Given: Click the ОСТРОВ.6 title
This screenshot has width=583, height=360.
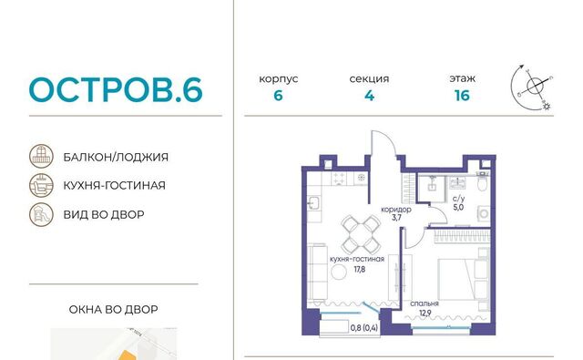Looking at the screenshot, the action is tap(116, 89).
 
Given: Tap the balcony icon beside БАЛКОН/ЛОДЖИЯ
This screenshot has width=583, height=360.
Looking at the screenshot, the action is tap(41, 156).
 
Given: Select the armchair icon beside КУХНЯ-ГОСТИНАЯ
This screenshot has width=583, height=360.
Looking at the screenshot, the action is tap(41, 185).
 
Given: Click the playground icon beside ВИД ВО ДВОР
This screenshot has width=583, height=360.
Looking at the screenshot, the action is tap(41, 214).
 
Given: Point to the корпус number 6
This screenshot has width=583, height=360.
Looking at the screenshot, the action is tap(278, 96).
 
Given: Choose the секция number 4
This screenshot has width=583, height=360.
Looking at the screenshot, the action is tap(369, 96).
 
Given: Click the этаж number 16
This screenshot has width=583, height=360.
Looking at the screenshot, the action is tap(462, 96).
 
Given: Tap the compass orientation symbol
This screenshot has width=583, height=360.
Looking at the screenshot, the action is tap(532, 87).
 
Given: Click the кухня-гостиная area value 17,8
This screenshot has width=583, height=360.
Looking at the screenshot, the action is tap(360, 269).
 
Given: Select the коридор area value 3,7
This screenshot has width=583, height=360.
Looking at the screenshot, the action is tap(396, 218).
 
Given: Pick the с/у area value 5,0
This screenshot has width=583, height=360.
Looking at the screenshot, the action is tap(458, 208).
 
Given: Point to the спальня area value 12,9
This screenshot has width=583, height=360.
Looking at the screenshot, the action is tap(425, 313).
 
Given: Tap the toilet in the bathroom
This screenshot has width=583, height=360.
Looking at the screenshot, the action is tap(482, 182).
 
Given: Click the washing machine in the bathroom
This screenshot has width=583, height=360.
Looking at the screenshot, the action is tap(484, 214).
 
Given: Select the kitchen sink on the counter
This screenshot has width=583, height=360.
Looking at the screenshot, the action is tap(313, 203).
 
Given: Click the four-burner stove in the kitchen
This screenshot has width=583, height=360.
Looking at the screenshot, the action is tap(338, 179).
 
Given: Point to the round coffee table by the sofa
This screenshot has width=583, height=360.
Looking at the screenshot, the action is tap(339, 273).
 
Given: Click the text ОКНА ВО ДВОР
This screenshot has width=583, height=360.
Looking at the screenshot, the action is tap(113, 310).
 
